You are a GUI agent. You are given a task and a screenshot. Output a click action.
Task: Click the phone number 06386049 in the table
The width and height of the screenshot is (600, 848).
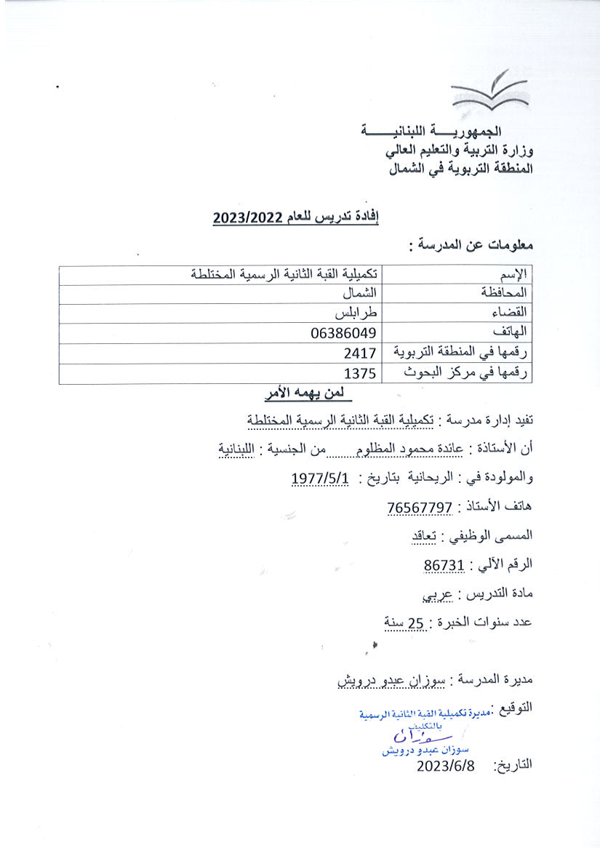(342, 333)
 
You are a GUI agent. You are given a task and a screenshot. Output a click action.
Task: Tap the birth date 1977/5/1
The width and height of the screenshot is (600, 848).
(321, 478)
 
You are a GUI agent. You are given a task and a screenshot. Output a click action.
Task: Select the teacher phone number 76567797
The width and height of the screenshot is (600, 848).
(421, 507)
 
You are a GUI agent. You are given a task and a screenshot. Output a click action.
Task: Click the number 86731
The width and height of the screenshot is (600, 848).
(444, 564)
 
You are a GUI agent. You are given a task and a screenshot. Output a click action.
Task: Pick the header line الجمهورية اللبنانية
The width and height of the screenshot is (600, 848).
(448, 132)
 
